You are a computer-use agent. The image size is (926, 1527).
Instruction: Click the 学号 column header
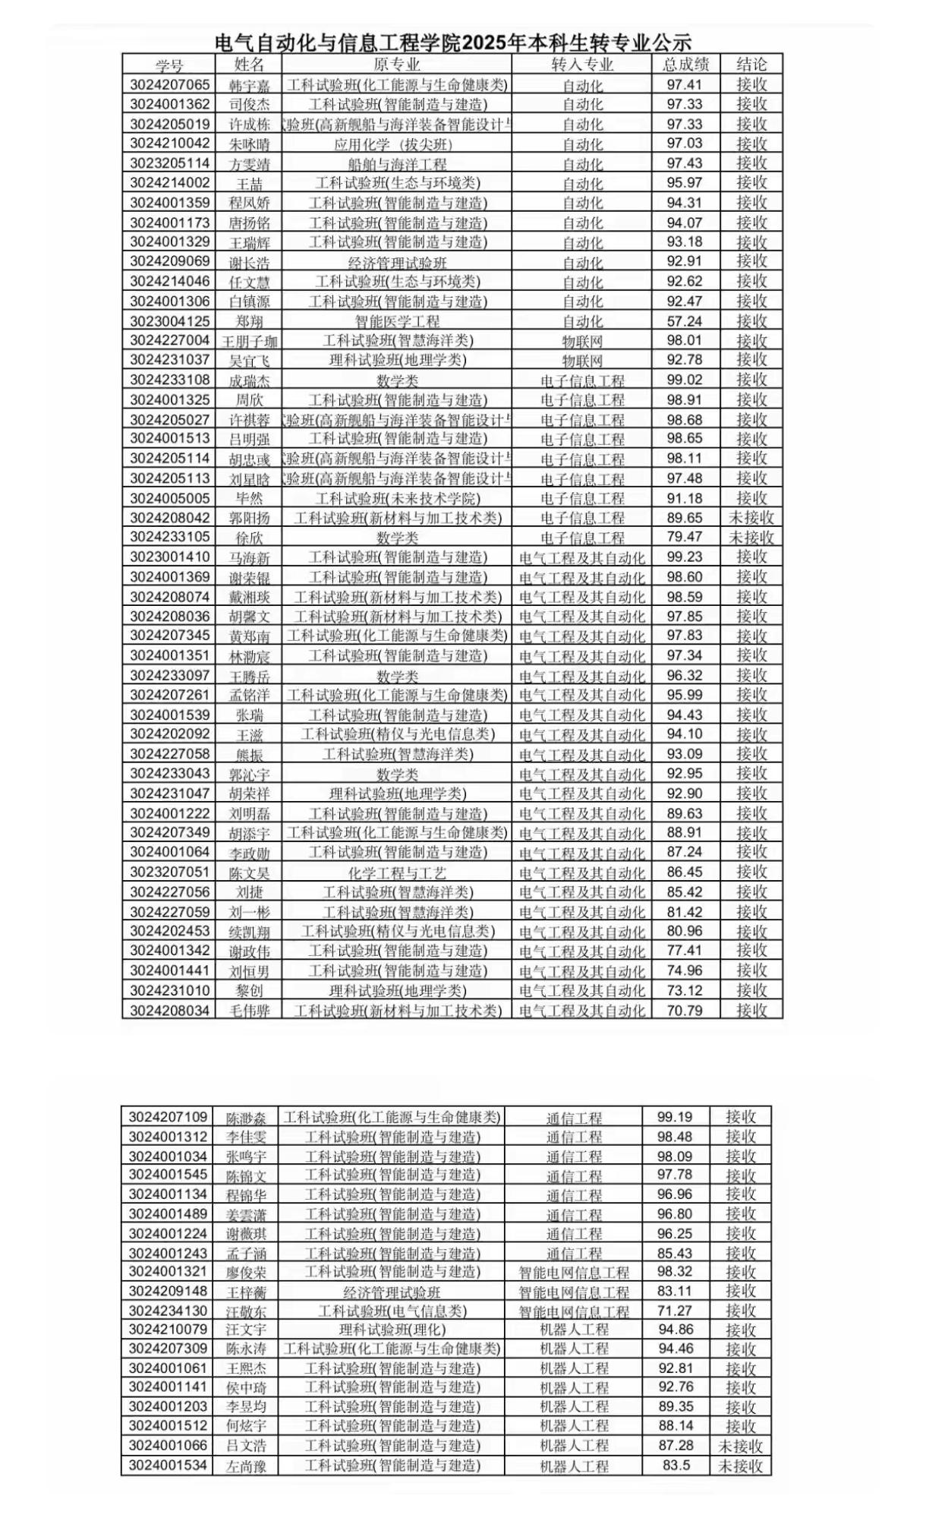169,65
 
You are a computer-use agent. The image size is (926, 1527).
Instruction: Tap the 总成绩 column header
685,65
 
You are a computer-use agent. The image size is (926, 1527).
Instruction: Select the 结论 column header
751,65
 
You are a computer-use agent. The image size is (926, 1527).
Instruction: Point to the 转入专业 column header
582,65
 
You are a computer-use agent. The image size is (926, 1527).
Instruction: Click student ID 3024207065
169,84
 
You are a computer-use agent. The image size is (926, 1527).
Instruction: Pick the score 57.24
685,320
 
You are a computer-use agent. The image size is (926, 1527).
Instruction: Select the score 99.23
685,557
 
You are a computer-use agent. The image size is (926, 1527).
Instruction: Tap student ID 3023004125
169,320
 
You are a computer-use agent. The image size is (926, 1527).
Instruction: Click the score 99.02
685,380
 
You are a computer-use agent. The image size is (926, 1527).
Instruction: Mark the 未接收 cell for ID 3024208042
751,518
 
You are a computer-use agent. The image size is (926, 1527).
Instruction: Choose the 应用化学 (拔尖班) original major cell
397,144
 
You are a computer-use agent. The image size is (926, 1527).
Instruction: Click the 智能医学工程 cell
397,321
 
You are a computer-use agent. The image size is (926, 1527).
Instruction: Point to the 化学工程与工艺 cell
397,872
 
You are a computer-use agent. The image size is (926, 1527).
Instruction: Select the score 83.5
676,1465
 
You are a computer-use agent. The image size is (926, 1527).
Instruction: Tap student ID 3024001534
168,1465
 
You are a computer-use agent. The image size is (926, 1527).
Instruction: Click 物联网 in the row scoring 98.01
582,341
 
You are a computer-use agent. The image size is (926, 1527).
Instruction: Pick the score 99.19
676,1116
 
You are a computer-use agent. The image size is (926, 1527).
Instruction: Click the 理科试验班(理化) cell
392,1329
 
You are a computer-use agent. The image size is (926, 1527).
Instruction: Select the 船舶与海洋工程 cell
397,164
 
